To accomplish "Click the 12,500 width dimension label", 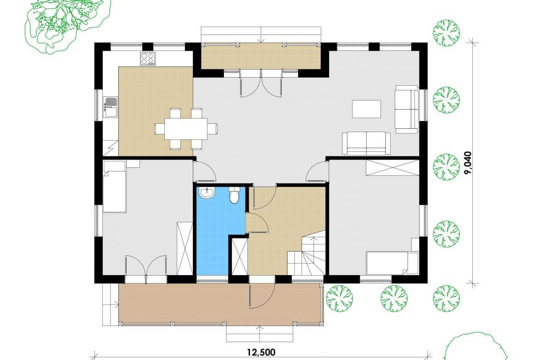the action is (261, 352).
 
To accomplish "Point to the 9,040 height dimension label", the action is (468, 163).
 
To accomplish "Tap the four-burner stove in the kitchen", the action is (148, 59).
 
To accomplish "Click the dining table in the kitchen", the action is (186, 128).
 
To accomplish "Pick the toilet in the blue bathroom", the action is (234, 195).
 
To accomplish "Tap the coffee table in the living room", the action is (366, 109).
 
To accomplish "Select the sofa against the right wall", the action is (407, 109).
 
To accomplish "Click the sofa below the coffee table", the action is (366, 144).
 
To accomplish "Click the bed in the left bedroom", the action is (115, 187).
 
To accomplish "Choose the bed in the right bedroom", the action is (392, 263).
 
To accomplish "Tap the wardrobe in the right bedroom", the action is (392, 167).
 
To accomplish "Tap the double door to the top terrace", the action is (261, 83).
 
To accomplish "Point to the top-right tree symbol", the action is (446, 33).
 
